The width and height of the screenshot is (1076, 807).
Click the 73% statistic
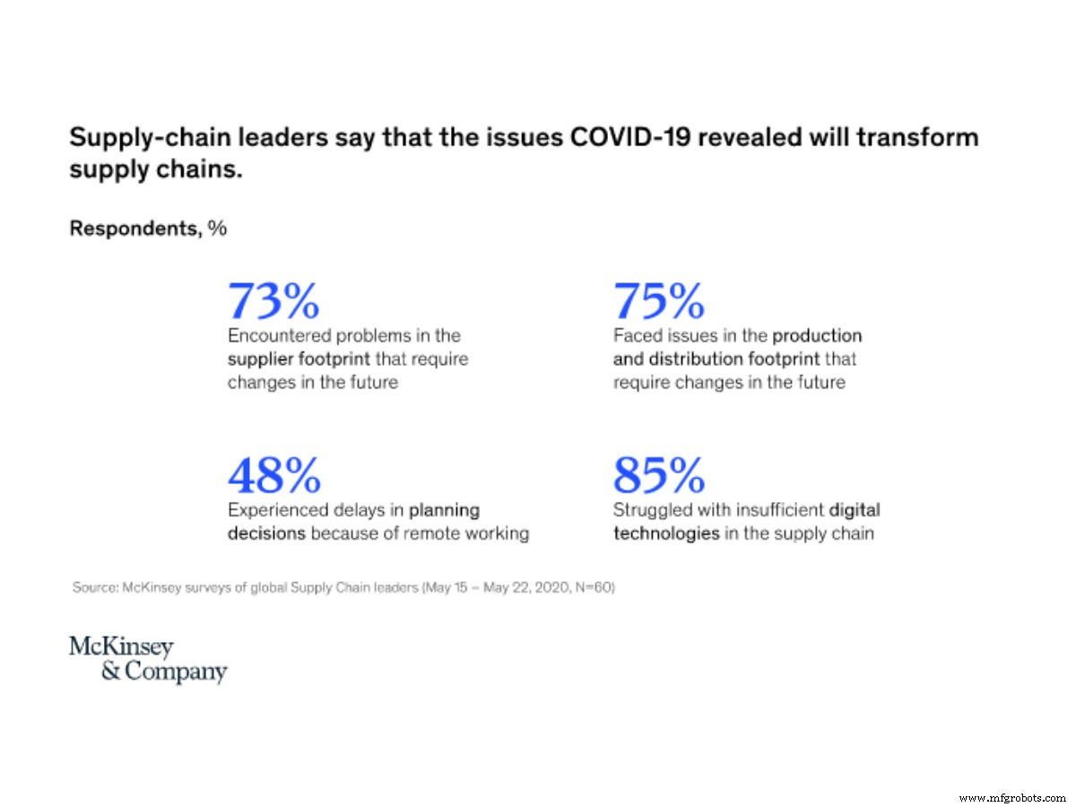point(273,301)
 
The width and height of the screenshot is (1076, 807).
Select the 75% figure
point(659,301)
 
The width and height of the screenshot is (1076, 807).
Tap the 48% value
point(273,475)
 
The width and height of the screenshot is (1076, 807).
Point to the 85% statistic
point(659,475)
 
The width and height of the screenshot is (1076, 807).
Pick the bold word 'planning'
point(444,510)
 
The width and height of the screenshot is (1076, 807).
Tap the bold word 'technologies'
point(666,534)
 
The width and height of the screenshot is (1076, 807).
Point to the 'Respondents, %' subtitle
point(148,229)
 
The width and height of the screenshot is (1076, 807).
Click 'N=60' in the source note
point(596,589)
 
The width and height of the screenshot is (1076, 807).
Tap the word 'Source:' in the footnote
point(93,589)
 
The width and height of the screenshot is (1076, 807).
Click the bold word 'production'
point(817,335)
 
